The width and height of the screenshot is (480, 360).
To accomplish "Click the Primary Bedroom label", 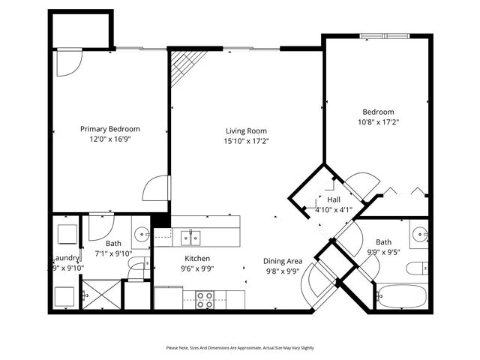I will coord(110,129).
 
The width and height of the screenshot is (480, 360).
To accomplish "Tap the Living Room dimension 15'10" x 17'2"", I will coord(246,141).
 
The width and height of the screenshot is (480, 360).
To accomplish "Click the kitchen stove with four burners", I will coord(205,300).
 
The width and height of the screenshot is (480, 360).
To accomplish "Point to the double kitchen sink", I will coord(191,238).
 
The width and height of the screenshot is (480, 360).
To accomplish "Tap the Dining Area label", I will coord(282,261).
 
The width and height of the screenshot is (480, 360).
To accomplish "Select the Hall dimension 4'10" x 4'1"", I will coord(334,209).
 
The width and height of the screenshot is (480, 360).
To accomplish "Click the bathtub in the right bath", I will coord(400,298).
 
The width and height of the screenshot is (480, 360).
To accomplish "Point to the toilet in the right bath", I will coord(421,268).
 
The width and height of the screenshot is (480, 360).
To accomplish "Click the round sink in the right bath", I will coord(420,232).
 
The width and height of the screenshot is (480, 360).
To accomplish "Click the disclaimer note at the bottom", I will coord(240,348).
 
